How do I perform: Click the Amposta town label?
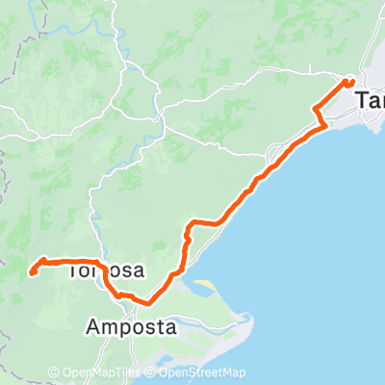tap(132, 326)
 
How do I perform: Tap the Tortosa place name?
tap(107, 269)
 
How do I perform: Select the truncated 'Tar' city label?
tap(370, 100)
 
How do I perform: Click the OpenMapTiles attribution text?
tap(100, 372)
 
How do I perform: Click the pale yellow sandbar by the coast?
tap(206, 286)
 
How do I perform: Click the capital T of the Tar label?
tap(363, 100)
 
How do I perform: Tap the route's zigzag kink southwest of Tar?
tap(319, 116)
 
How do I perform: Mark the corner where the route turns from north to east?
tap(192, 223)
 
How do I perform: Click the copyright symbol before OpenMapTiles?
tap(53, 372)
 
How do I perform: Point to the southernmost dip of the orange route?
tap(144, 301)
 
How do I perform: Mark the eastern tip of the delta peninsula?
tap(244, 315)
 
